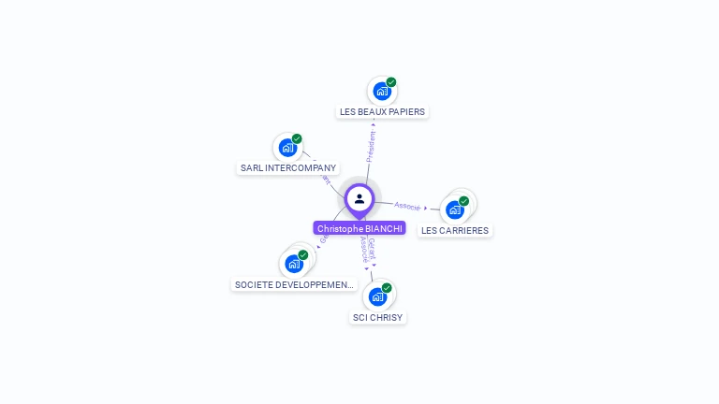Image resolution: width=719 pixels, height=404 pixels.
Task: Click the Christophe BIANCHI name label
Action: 359,228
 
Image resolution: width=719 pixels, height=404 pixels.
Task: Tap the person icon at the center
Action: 359,198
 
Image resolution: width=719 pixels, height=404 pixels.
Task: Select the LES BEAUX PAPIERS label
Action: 382,111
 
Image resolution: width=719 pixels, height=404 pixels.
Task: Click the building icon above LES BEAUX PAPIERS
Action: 381,92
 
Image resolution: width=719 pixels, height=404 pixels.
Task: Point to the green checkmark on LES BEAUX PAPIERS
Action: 391,82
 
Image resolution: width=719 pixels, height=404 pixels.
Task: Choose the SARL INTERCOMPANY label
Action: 287,168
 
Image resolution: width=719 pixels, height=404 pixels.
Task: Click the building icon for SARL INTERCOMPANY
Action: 287,148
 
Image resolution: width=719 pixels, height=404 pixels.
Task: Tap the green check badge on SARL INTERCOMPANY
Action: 297,139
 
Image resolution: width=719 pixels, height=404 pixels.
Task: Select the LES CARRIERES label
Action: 455,230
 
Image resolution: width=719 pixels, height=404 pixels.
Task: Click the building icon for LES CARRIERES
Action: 455,209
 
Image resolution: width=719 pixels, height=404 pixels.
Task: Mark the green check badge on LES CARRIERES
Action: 464,201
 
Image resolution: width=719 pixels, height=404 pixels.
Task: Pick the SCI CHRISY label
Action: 377,318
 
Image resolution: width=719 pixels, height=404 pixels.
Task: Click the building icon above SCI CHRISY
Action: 377,297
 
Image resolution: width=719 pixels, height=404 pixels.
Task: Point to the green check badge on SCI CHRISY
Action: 387,288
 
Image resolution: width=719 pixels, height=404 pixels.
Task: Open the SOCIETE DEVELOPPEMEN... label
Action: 295,284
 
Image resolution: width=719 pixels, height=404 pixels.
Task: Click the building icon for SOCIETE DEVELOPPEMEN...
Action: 294,264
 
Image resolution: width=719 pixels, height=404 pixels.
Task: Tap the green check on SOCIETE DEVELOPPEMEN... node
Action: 303,254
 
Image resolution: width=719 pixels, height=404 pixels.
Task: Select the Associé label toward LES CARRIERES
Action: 407,206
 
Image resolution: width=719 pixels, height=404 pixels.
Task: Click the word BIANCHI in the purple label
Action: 383,228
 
